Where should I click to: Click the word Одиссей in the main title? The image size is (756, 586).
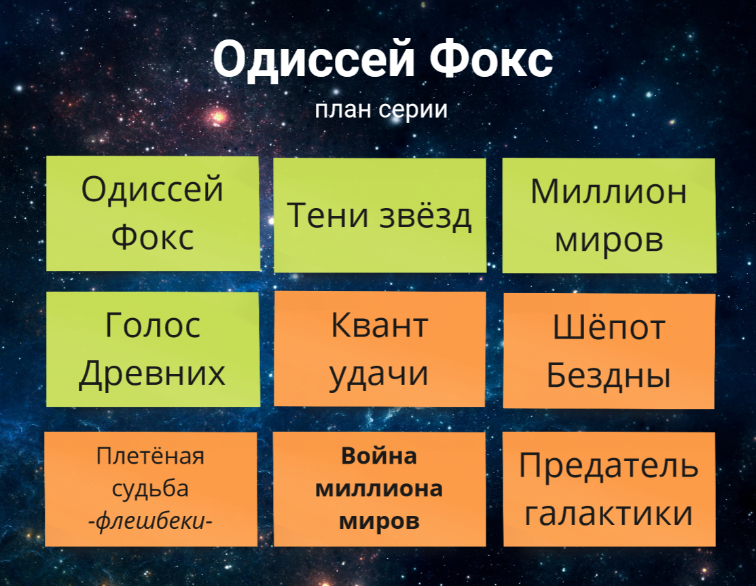tap(314, 60)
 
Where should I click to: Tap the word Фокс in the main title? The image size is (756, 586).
tap(491, 59)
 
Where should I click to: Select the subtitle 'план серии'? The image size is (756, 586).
tap(381, 109)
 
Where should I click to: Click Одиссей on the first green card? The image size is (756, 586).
tap(152, 190)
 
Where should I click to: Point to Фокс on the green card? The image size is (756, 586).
tap(152, 237)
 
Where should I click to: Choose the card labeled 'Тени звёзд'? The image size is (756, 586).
tap(380, 216)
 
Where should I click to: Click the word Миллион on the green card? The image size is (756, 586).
tap(609, 192)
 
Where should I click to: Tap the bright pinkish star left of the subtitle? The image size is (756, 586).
tap(219, 116)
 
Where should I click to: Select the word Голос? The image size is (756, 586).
tap(152, 325)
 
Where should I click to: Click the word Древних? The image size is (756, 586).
tap(152, 374)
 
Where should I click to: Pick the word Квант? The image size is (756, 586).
tap(380, 325)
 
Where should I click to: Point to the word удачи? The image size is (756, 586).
tap(379, 374)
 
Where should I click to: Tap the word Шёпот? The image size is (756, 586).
tap(609, 327)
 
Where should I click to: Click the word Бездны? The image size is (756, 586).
tap(609, 375)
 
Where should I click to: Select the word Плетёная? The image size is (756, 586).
tap(150, 455)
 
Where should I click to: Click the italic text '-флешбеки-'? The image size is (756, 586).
tap(150, 521)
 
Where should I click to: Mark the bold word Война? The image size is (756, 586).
tap(379, 456)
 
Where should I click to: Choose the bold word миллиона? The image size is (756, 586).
tap(379, 489)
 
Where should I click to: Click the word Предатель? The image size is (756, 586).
tap(609, 466)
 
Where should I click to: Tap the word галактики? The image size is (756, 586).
tap(609, 513)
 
